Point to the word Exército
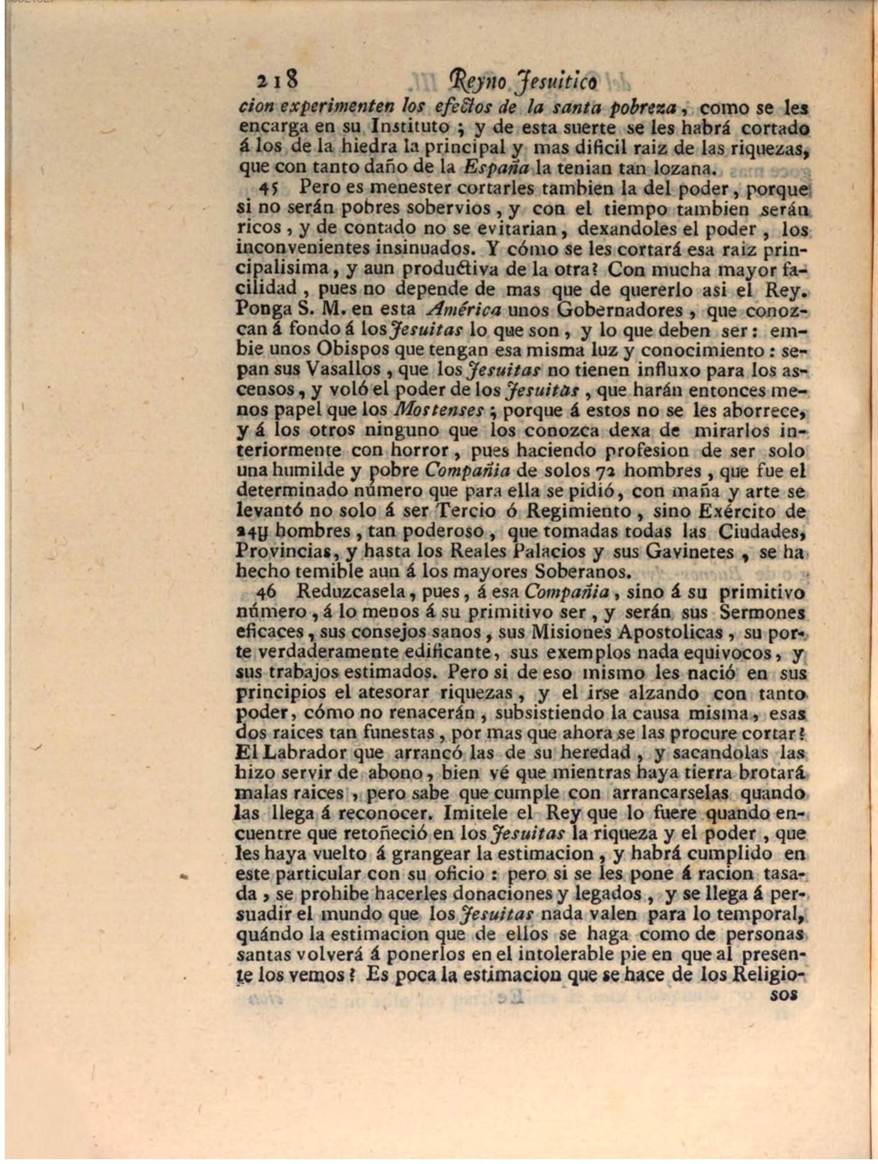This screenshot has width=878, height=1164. tap(741, 512)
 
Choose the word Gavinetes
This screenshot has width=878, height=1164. tap(683, 552)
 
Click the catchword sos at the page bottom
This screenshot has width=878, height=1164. tap(784, 995)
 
